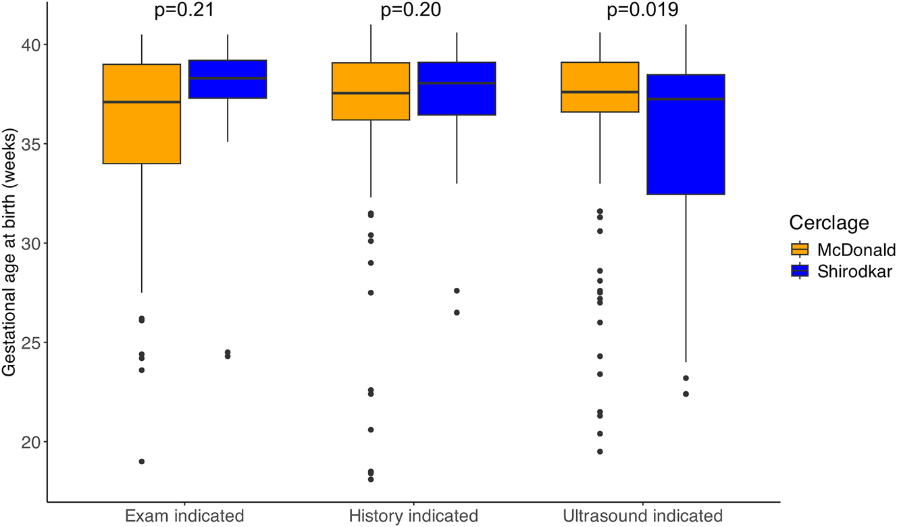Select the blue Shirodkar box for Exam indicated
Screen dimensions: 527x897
pos(228,79)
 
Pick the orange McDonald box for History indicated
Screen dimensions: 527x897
pos(371,91)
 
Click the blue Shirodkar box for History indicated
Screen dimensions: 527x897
pos(457,89)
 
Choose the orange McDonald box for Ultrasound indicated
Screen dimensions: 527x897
pos(600,87)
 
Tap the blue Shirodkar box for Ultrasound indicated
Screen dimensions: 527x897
pos(686,134)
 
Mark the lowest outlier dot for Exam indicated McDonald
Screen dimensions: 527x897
pos(142,461)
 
